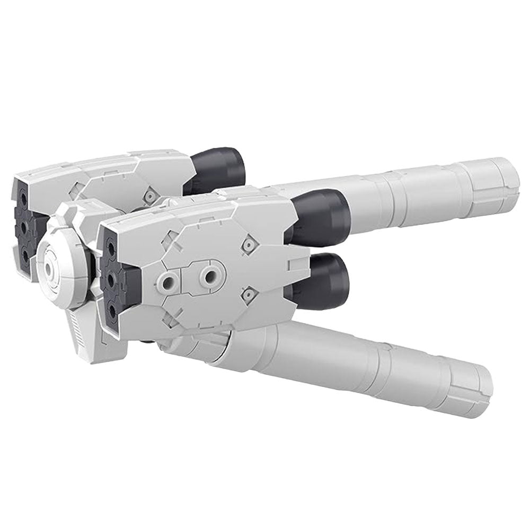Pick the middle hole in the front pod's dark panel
click(x=112, y=278)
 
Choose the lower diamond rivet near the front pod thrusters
click(x=245, y=292)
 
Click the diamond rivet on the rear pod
click(x=152, y=197)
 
